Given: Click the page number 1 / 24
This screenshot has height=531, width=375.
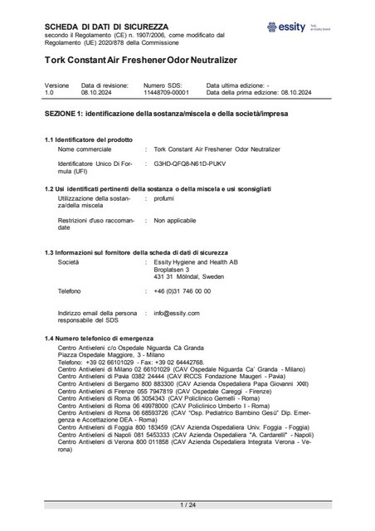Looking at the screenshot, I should click(187, 504).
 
